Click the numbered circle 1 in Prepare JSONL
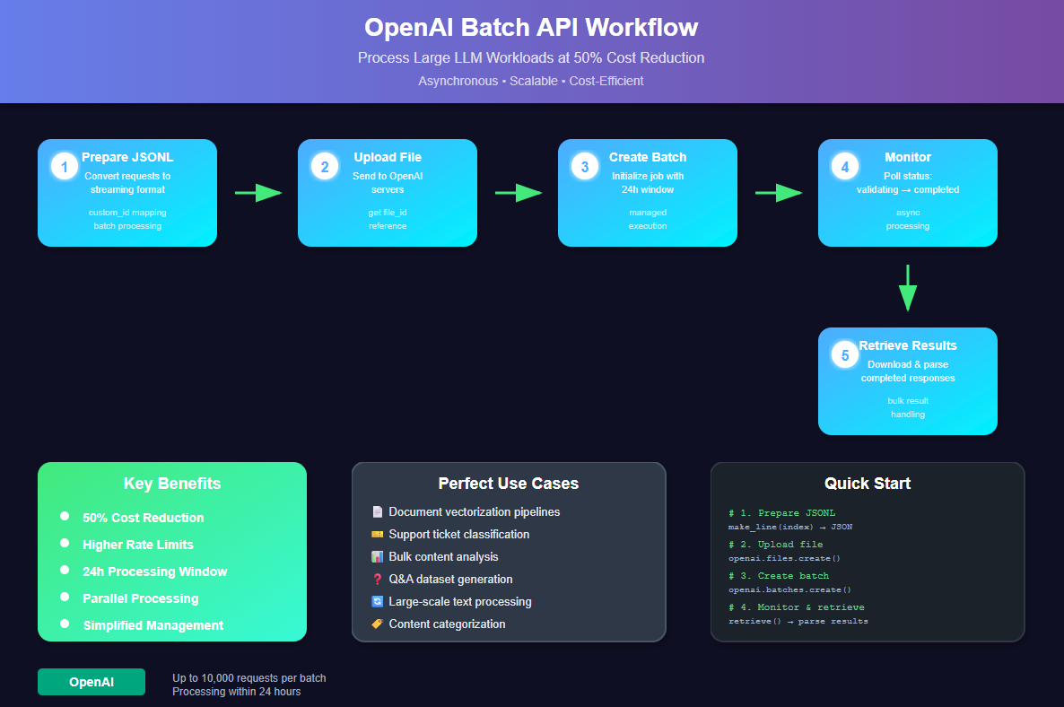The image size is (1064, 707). (x=64, y=166)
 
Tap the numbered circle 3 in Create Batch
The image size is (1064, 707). (x=584, y=166)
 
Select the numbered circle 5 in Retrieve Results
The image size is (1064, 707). (x=844, y=354)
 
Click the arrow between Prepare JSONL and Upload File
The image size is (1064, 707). (x=257, y=192)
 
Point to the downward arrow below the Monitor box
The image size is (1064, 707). (x=908, y=288)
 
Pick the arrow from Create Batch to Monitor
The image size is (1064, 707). (x=778, y=192)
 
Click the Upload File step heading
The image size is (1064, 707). (x=388, y=157)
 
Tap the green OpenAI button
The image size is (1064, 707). (x=92, y=682)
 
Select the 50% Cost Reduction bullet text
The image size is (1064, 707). (x=143, y=518)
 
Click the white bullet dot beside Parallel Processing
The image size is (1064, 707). (x=65, y=597)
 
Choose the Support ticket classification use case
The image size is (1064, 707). (x=458, y=534)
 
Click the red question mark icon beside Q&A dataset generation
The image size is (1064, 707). (x=377, y=580)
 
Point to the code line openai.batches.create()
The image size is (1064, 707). (x=789, y=589)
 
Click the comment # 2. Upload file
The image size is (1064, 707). (x=775, y=545)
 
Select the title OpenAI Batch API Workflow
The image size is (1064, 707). (x=531, y=27)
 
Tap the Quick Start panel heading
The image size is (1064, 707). (x=867, y=484)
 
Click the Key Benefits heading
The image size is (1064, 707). (x=172, y=484)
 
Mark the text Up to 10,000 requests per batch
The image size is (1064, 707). (x=249, y=677)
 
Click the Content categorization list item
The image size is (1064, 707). (x=447, y=624)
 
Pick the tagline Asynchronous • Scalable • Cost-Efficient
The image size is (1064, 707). (x=531, y=81)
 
